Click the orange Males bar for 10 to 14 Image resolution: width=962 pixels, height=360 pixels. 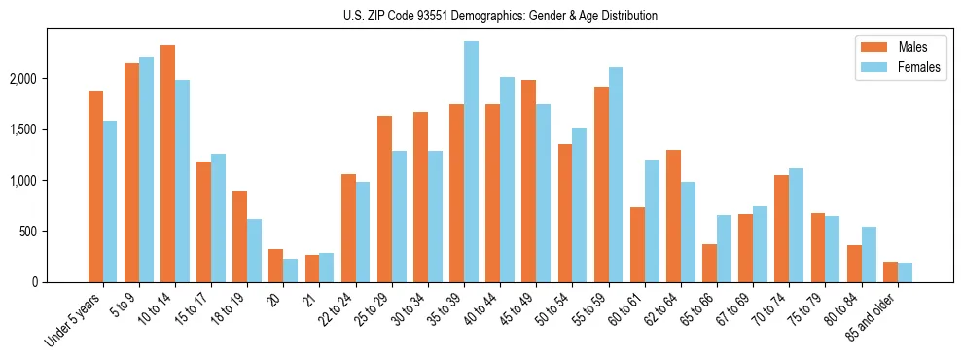click(167, 163)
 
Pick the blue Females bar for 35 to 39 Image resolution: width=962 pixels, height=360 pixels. click(471, 162)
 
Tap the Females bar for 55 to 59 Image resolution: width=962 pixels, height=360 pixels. click(616, 175)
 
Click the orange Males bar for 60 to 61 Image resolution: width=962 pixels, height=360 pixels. click(637, 244)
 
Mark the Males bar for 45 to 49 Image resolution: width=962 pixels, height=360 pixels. click(528, 181)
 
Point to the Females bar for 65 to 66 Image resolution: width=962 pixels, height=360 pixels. click(724, 248)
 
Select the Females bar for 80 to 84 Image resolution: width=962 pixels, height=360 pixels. click(869, 254)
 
